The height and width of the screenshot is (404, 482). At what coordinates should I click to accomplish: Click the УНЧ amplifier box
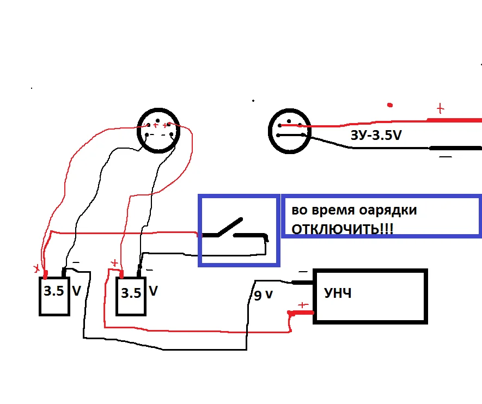click(x=370, y=296)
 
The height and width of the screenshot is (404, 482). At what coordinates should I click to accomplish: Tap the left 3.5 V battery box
click(x=54, y=296)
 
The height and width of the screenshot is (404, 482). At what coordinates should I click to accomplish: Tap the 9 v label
click(x=264, y=296)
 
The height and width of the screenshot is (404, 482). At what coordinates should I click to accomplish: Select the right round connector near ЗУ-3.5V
click(x=289, y=131)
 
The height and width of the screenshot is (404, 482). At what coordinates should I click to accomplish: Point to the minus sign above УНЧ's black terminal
click(x=303, y=271)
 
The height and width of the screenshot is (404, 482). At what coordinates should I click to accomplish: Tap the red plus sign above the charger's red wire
click(x=440, y=109)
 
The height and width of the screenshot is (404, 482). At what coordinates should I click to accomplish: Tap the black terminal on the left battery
click(x=64, y=271)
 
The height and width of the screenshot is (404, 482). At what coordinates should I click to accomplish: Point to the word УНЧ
click(x=338, y=294)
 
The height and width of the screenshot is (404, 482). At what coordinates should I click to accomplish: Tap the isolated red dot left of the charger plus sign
click(x=389, y=105)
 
